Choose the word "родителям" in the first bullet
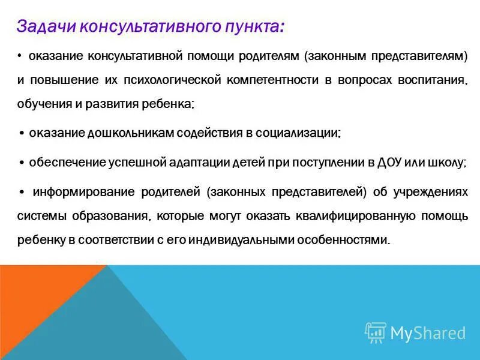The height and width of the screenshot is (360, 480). click(269, 56)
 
